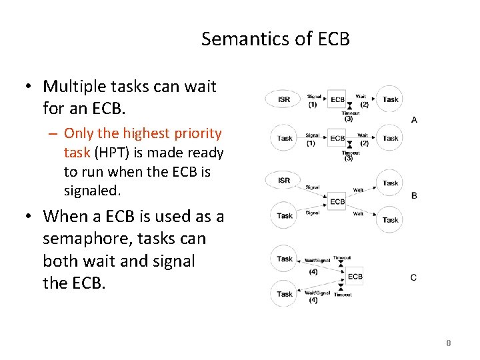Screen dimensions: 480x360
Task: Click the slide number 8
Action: [x=448, y=343]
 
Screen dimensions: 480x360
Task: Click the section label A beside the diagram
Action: [x=414, y=120]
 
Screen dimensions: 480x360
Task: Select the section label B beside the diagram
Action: [x=414, y=195]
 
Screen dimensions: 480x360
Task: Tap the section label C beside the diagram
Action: [x=414, y=277]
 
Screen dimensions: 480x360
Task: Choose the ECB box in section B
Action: [x=337, y=201]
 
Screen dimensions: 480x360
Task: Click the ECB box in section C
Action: [x=355, y=276]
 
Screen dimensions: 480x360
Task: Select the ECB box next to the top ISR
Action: [x=338, y=99]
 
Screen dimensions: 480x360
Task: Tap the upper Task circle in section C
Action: [x=285, y=259]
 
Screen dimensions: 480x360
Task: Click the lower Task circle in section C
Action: [x=285, y=293]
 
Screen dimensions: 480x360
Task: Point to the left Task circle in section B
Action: [x=285, y=215]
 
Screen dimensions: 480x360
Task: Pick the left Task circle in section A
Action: [x=285, y=138]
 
